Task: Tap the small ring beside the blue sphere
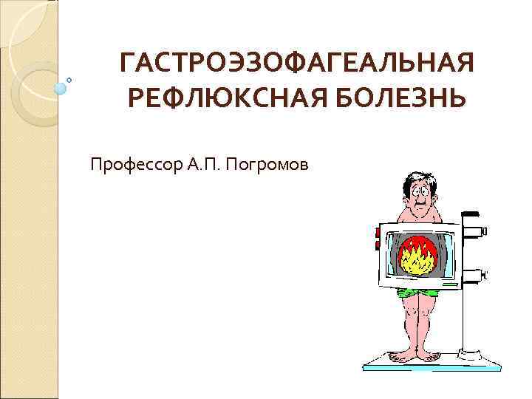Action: [69, 79]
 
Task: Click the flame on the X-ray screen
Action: [418, 256]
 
